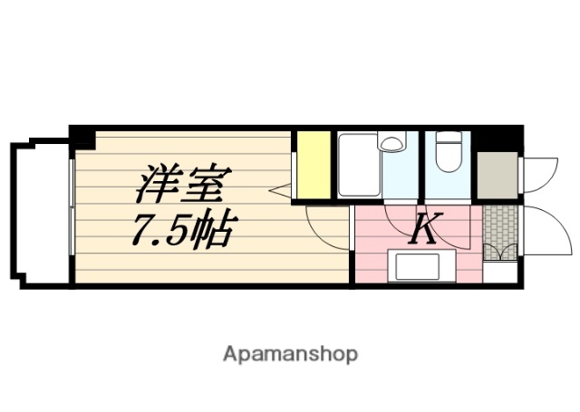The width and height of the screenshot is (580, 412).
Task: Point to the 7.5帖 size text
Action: [x=184, y=232]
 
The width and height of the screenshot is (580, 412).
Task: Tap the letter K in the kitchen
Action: [x=422, y=230]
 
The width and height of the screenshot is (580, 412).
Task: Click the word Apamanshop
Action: [x=290, y=353]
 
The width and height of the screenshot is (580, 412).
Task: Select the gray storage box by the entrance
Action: [x=497, y=177]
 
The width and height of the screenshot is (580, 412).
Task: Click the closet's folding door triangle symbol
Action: [x=280, y=190]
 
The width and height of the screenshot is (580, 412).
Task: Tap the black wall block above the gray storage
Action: [x=497, y=139]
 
